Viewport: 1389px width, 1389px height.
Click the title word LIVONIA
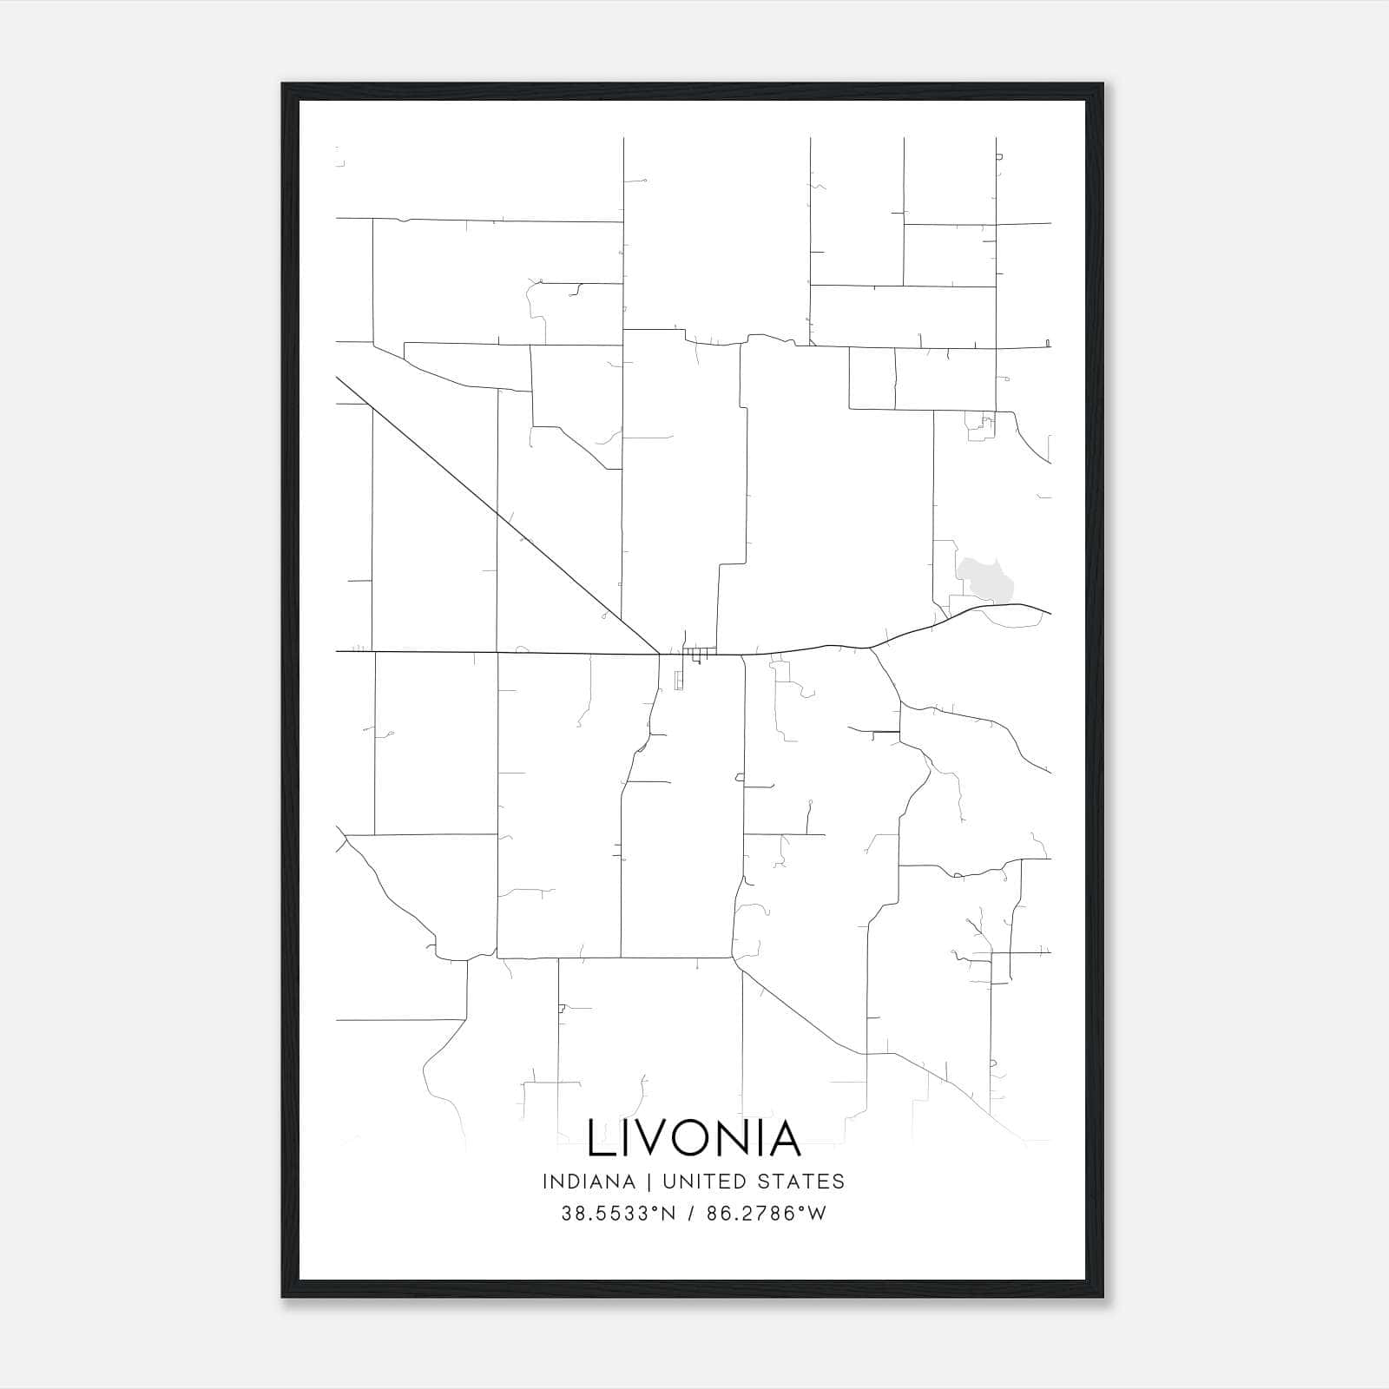tap(694, 1138)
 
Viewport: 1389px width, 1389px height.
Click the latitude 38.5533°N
tap(618, 1214)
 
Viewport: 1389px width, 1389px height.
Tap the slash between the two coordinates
tap(691, 1214)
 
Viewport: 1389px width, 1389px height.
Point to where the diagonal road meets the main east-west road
tap(659, 653)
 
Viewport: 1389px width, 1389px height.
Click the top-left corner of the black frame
tap(283, 84)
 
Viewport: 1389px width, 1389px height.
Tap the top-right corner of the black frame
tap(1103, 84)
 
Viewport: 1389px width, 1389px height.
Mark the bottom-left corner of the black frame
tap(283, 1297)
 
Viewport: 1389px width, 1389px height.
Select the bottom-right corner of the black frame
tap(1103, 1297)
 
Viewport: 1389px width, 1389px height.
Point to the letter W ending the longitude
tap(817, 1214)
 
